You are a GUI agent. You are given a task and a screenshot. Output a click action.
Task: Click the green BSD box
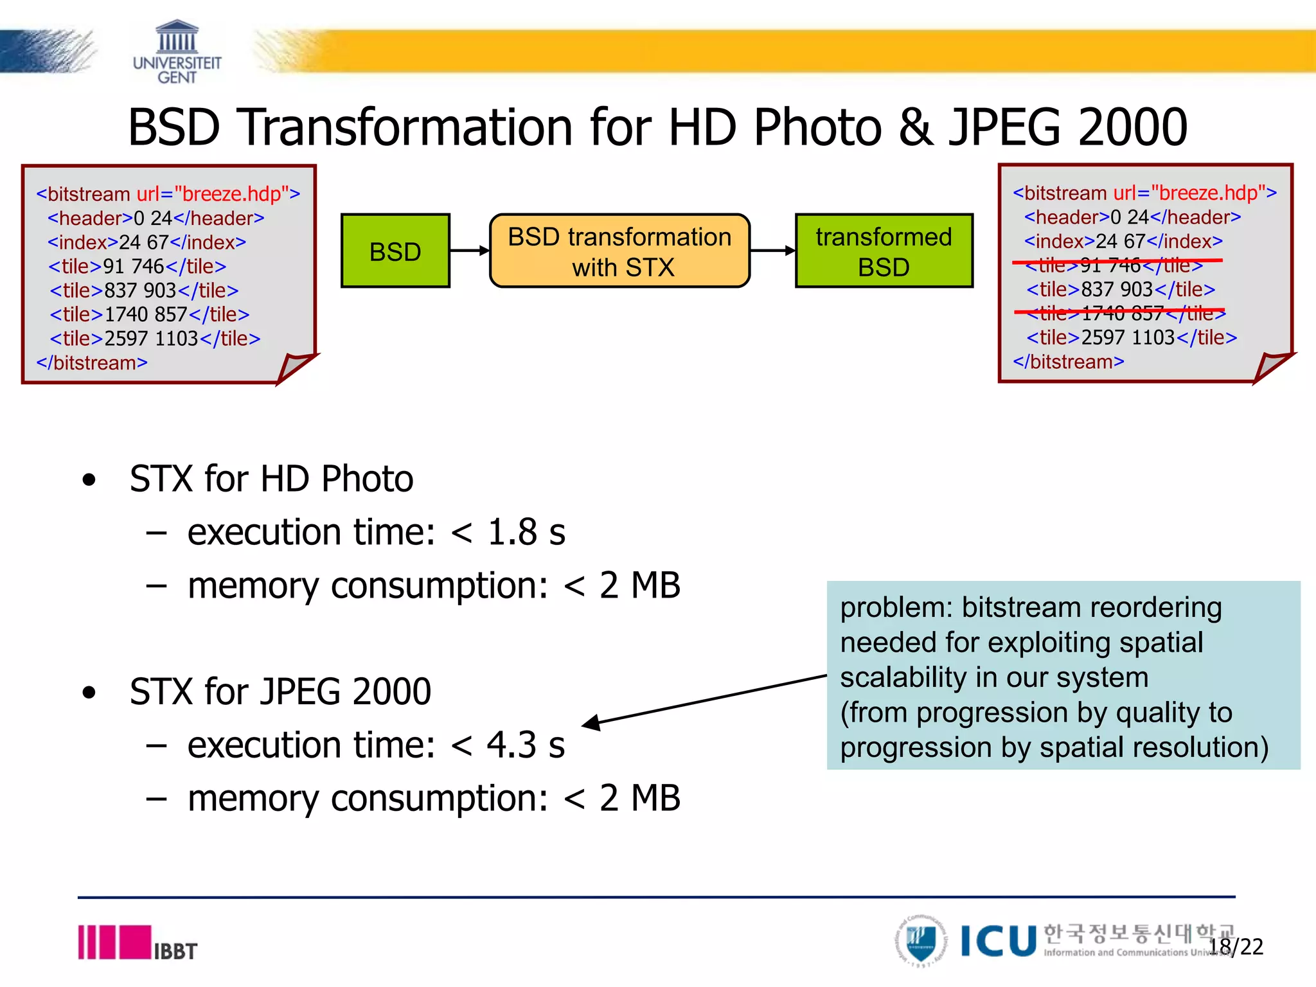tap(395, 251)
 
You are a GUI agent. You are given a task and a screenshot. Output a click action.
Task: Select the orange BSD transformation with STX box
tap(619, 251)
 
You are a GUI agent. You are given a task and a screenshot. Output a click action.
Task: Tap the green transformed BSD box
tap(884, 251)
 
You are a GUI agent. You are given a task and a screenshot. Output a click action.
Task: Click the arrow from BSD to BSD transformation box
tap(470, 251)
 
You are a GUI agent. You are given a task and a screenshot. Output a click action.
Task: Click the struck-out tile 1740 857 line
tap(1121, 313)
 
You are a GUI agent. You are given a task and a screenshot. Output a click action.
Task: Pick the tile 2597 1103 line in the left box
tap(155, 339)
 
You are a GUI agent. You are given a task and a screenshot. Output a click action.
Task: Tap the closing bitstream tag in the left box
tap(92, 363)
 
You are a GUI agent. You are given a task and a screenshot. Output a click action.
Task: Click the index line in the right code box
tap(1123, 241)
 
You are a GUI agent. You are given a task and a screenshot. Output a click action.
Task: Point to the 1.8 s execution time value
tap(526, 532)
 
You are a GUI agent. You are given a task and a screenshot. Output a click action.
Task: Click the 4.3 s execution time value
tap(526, 745)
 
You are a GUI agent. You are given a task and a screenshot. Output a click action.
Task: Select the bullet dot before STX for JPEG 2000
tap(89, 693)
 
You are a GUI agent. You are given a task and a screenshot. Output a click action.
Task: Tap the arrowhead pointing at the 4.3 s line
tap(591, 723)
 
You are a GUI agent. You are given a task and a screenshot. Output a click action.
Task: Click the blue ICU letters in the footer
tap(999, 941)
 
